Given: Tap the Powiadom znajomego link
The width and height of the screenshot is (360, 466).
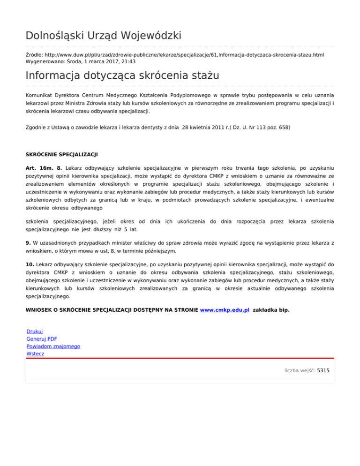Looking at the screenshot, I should click(53, 346).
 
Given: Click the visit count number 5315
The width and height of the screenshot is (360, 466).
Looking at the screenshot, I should click(323, 370).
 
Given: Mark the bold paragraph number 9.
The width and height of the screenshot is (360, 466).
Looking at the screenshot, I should click(28, 243).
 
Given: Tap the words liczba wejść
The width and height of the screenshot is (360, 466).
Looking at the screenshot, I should click(299, 370).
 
